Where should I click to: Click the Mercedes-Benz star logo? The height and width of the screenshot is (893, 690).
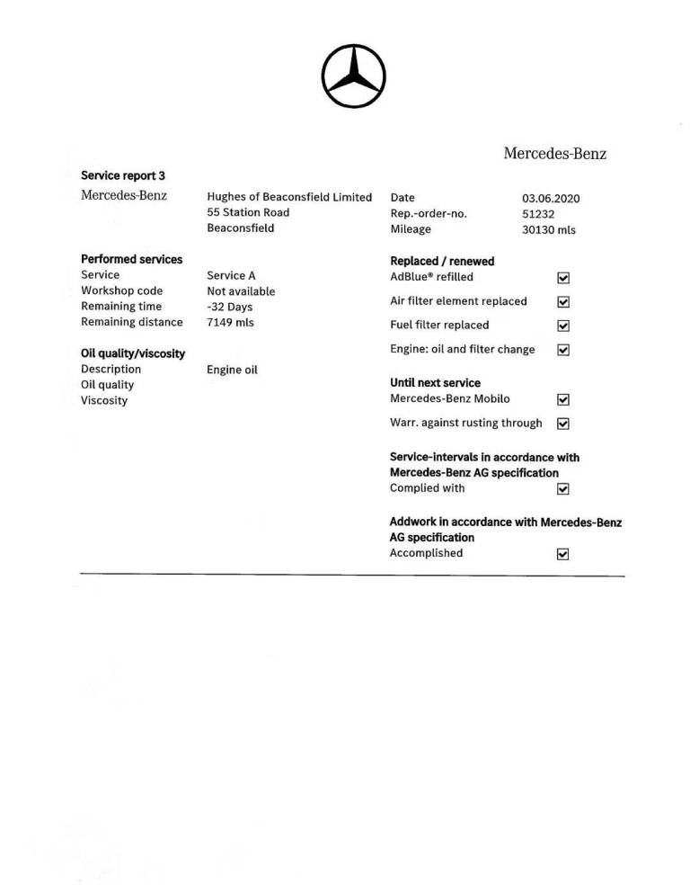(354, 76)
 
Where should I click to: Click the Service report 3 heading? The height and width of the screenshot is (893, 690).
(123, 176)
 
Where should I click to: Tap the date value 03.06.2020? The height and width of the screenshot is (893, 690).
(551, 198)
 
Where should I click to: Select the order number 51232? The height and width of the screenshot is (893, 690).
(538, 214)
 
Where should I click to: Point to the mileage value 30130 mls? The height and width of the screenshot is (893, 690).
(548, 230)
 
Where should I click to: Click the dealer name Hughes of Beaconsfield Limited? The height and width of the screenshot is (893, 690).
(288, 197)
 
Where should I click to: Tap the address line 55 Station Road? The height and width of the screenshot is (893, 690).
(248, 213)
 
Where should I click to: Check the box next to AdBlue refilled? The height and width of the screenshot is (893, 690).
(563, 278)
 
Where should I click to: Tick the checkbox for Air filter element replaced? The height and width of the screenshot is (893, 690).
(563, 302)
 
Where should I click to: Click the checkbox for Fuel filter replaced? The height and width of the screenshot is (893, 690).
(563, 326)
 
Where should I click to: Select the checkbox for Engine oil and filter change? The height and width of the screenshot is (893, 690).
(563, 350)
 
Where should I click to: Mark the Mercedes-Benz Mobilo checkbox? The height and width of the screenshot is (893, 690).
(563, 399)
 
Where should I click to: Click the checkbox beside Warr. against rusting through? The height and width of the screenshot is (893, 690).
(563, 424)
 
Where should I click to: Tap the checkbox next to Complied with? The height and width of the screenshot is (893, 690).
(563, 489)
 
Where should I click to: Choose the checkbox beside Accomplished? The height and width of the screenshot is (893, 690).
(563, 554)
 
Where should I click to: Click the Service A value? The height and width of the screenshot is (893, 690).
(231, 276)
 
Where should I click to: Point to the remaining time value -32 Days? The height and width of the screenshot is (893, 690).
(229, 308)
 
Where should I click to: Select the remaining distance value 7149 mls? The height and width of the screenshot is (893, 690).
(230, 323)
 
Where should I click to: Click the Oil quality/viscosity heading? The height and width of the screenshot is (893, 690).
(133, 353)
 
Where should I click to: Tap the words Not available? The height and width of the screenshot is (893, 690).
(241, 291)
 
